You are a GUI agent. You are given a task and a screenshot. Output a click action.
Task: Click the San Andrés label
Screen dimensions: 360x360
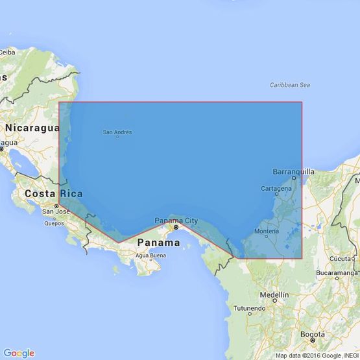[x=117, y=132]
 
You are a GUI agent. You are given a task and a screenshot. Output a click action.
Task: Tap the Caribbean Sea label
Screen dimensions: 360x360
[x=291, y=85]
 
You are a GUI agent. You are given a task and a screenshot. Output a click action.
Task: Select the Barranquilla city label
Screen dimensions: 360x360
[x=294, y=172]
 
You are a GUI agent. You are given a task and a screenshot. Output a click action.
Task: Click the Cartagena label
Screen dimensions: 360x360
[x=276, y=189]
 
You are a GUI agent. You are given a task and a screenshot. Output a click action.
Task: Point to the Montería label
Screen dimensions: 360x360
[x=267, y=232]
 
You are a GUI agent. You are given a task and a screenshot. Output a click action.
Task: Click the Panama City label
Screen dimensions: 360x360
[x=176, y=221]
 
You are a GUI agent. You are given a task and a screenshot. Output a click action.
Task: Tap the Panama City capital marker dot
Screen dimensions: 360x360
[x=175, y=228]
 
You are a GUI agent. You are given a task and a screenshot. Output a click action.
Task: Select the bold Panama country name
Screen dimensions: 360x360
[x=159, y=243]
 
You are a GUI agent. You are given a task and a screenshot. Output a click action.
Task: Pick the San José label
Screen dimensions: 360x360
[x=56, y=211]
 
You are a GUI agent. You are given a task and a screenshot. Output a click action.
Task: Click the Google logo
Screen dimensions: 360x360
[x=19, y=353]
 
